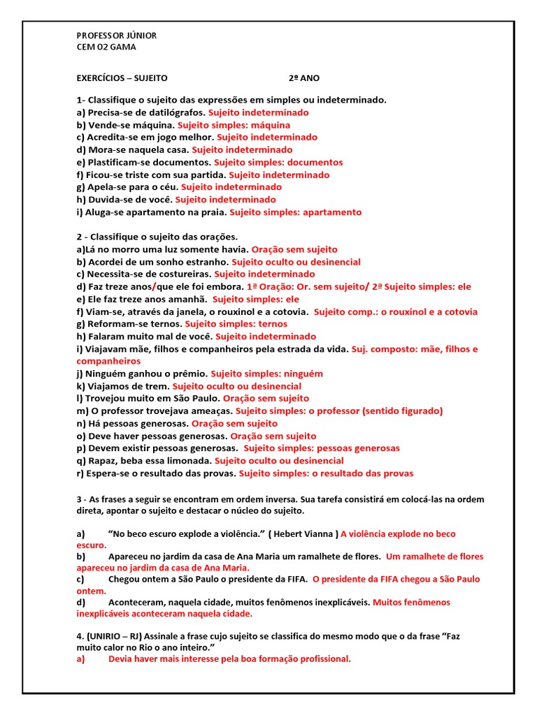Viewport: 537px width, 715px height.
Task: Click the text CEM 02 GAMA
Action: click(106, 47)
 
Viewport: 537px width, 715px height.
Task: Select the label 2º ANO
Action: click(304, 78)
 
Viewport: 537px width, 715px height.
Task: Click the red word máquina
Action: click(271, 125)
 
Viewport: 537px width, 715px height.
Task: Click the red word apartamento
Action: click(331, 212)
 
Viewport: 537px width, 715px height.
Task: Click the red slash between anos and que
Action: click(155, 287)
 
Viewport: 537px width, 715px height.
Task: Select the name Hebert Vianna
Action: click(303, 534)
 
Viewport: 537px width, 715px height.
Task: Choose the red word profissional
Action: click(320, 658)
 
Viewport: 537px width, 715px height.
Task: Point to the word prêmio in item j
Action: click(191, 374)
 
